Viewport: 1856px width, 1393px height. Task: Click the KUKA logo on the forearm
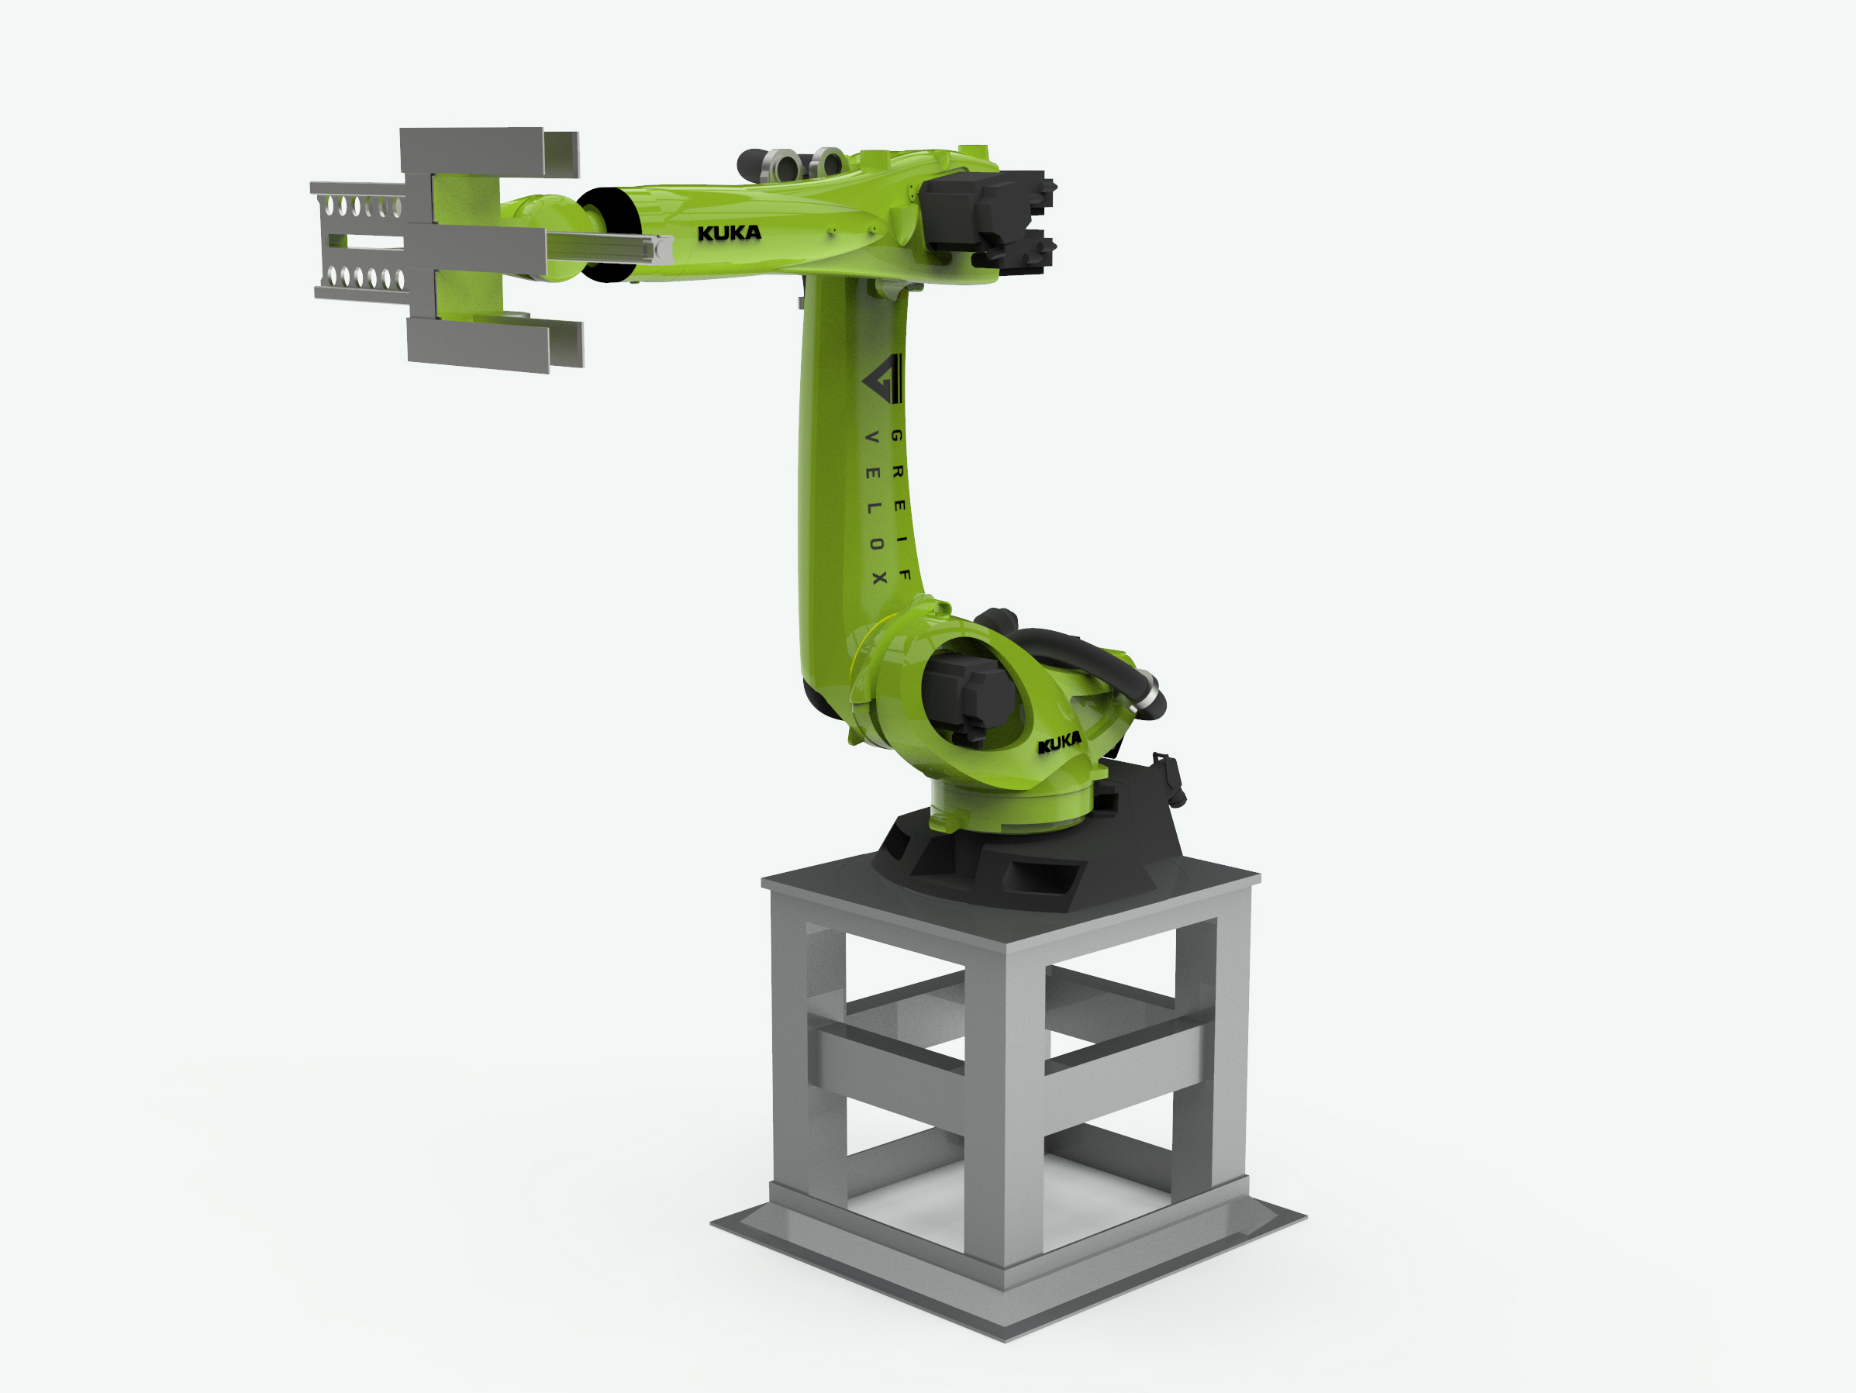point(728,233)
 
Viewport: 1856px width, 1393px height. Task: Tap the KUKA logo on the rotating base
point(1059,743)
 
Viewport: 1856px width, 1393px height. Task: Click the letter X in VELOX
point(878,578)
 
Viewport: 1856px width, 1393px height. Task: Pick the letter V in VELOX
point(871,437)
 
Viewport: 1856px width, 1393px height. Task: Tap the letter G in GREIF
point(896,436)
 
